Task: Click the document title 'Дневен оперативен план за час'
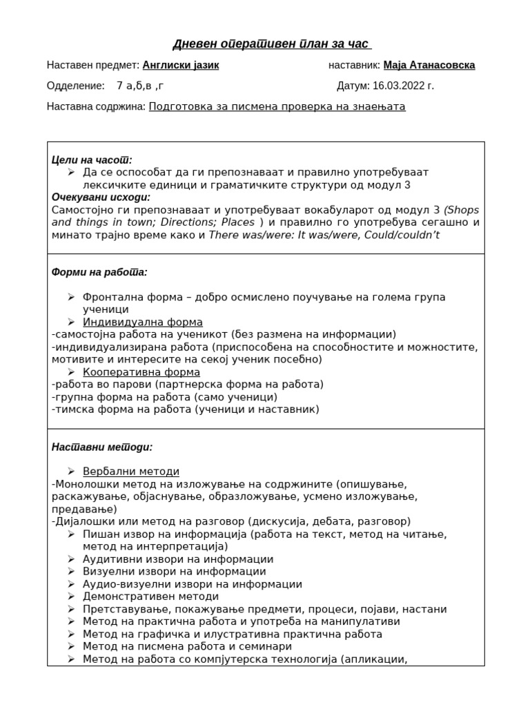pos(271,45)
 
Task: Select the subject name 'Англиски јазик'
pos(181,66)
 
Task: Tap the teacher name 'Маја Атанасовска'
pos(429,66)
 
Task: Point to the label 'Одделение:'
pos(75,86)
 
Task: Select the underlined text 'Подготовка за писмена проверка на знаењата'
pos(277,107)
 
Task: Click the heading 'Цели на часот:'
pos(92,159)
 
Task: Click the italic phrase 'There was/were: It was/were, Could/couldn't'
pos(324,235)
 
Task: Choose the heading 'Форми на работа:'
pos(99,272)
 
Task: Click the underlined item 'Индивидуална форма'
pos(143,322)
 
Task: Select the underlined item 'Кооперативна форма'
pos(141,372)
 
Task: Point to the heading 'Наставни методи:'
pos(102,447)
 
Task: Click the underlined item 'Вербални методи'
pos(131,472)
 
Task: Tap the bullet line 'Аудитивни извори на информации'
pos(178,559)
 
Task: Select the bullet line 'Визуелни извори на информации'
pos(174,572)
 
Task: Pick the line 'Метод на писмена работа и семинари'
pos(187,646)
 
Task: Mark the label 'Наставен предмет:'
pos(92,66)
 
